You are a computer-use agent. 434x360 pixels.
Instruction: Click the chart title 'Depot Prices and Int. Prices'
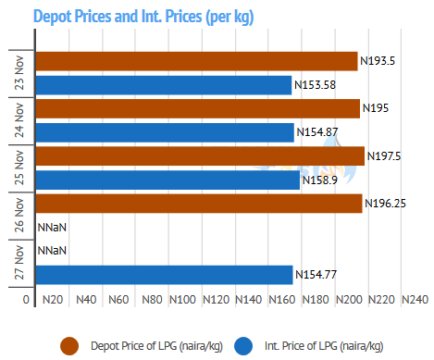(118, 16)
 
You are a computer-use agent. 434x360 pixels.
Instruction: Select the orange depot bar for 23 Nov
(197, 61)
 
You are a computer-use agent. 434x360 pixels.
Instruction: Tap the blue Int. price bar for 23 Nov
(164, 85)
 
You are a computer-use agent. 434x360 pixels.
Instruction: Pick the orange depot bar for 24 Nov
(198, 108)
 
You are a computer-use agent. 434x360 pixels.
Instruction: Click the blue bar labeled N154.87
(165, 132)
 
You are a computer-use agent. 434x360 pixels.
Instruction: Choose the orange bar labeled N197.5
(200, 156)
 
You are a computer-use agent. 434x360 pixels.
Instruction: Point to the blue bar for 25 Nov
(167, 180)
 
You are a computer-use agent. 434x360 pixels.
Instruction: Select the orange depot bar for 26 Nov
(199, 204)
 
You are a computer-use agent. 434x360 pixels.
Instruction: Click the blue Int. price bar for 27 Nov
(165, 275)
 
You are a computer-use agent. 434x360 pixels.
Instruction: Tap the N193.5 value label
(378, 61)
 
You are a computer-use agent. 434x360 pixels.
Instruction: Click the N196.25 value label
(385, 204)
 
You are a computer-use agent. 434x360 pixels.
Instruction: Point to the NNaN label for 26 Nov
(52, 228)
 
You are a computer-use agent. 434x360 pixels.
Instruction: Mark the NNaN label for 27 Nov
(52, 250)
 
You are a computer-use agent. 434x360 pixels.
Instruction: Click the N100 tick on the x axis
(182, 300)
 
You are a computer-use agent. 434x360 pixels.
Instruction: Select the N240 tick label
(415, 300)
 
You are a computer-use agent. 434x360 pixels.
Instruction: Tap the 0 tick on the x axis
(26, 300)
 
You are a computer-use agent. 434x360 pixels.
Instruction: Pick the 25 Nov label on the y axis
(19, 168)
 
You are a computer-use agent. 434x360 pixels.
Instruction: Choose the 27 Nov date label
(19, 263)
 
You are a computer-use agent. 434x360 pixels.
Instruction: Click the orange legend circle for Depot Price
(69, 346)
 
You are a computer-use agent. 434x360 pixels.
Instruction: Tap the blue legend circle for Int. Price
(243, 346)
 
